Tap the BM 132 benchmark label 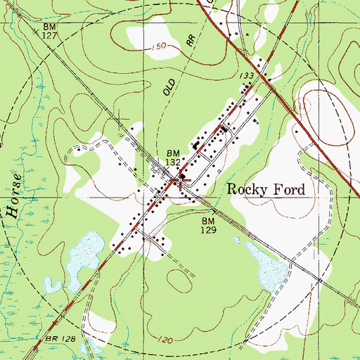174,157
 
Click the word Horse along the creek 15,191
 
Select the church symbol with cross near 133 224,129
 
